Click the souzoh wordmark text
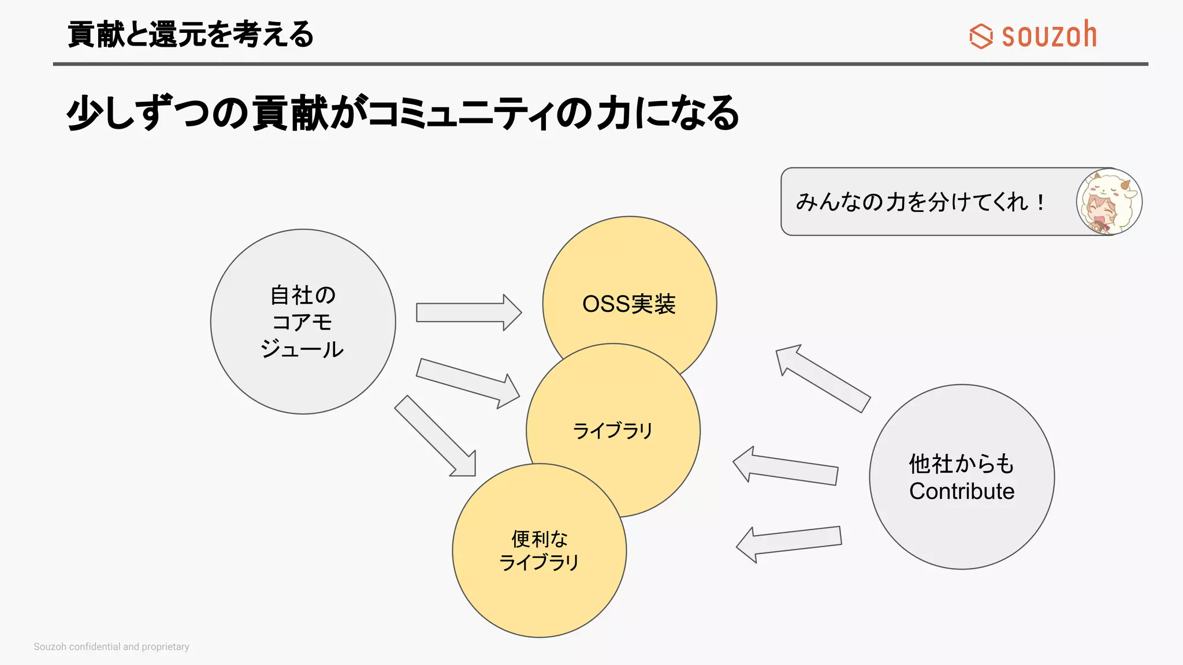(x=1049, y=35)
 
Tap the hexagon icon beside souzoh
(x=981, y=36)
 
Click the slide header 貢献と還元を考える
(x=191, y=34)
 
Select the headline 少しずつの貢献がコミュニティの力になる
(x=403, y=113)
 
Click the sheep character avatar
(x=1108, y=201)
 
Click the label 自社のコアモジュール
(x=303, y=322)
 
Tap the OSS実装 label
(x=628, y=304)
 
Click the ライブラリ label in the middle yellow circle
(x=612, y=431)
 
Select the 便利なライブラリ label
(x=539, y=550)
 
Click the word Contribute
(x=962, y=491)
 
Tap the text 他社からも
(x=962, y=464)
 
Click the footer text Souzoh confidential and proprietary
(x=111, y=647)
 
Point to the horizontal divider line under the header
(x=601, y=64)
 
